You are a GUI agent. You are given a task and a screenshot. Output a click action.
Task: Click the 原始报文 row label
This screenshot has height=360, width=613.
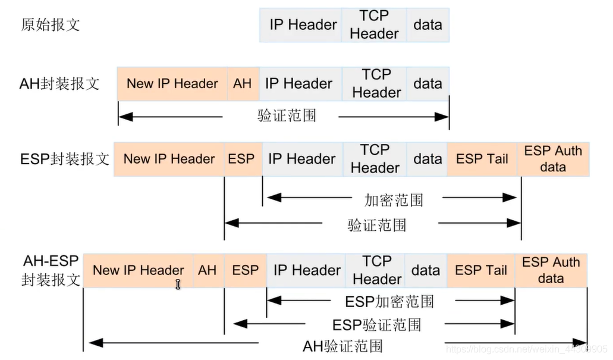coord(51,24)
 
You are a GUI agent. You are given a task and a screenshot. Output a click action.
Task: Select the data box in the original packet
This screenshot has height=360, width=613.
coord(428,25)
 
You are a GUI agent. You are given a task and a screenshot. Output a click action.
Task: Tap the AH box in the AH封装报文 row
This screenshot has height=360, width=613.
coord(243,84)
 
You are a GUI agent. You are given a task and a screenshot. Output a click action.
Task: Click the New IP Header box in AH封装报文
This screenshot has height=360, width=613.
coord(172,84)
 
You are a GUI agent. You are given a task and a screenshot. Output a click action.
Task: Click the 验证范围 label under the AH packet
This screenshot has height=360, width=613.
coord(287,116)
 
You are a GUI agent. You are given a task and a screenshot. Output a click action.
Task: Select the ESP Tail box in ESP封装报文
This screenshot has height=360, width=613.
coord(482,159)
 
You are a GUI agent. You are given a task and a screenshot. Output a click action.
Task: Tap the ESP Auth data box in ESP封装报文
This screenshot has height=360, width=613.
coord(553,159)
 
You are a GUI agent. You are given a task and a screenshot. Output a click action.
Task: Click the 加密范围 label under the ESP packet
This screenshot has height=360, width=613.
coord(394,200)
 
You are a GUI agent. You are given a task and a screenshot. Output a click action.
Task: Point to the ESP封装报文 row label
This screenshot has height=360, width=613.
coord(64,159)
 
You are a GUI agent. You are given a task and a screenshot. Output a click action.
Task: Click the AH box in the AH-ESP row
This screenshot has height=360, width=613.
coord(208,270)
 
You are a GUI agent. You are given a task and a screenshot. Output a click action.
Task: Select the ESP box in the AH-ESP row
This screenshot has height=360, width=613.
coord(246,270)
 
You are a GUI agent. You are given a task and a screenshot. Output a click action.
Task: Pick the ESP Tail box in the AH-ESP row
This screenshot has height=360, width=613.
coord(481,270)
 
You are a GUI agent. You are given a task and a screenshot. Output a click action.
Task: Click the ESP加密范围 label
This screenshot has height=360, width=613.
coord(389,302)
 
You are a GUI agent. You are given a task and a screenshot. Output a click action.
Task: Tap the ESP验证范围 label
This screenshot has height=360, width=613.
coord(377,325)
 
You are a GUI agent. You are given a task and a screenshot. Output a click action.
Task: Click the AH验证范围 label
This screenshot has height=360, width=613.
coord(342,346)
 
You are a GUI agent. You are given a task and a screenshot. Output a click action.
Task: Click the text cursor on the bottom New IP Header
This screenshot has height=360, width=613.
coord(178,284)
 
